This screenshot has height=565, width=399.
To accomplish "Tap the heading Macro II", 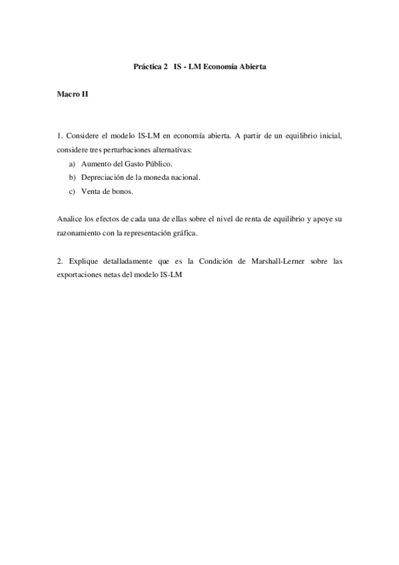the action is click(73, 96).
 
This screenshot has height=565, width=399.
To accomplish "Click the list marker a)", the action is click(72, 163).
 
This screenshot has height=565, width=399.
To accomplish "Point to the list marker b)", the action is click(72, 177).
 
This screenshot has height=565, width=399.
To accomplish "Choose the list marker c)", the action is click(72, 191).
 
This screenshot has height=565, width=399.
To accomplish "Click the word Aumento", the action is click(95, 163).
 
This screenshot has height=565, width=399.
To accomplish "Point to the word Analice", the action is click(69, 219).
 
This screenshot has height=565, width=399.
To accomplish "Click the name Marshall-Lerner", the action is click(274, 261).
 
